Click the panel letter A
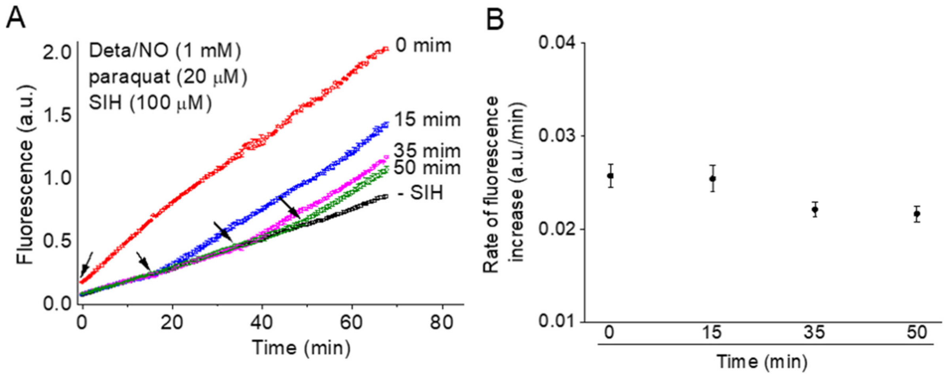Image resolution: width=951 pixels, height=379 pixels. [16, 19]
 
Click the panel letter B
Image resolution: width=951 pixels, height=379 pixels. [495, 20]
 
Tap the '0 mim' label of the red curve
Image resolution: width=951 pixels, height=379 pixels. [423, 46]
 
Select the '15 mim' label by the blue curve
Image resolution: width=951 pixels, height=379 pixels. [428, 120]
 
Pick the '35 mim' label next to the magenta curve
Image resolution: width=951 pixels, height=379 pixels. [427, 151]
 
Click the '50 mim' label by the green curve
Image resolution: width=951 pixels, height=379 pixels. [427, 168]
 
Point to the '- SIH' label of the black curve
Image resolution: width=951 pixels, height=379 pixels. [421, 193]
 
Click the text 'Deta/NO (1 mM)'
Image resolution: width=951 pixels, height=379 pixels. [165, 51]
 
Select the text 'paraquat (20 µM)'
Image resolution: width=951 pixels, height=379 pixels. [168, 77]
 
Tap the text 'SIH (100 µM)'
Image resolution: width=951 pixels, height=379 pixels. [150, 103]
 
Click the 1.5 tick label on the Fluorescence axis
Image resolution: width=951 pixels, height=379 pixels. [57, 115]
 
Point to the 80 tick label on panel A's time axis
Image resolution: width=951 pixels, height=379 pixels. [442, 323]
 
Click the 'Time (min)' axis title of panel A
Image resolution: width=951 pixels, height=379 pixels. [301, 348]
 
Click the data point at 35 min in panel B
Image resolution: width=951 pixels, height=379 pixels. [815, 209]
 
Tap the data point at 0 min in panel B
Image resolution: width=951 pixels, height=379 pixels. [610, 175]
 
